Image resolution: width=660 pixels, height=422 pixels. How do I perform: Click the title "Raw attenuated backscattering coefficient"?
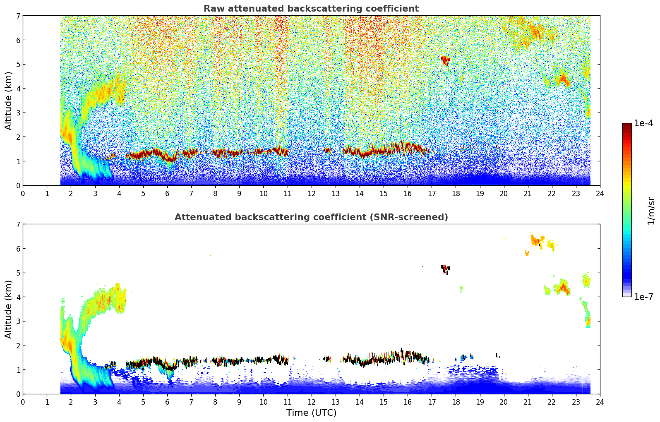[x=311, y=9]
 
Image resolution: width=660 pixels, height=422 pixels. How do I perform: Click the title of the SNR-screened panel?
[x=311, y=217]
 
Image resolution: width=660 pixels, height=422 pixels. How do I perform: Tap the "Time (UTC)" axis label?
[x=311, y=412]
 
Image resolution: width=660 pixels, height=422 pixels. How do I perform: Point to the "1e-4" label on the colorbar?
[x=643, y=123]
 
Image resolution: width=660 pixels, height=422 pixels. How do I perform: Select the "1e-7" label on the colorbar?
[x=643, y=297]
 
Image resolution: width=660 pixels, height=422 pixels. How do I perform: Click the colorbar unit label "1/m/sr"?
[x=651, y=210]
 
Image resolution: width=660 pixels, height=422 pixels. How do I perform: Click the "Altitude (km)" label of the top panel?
[x=9, y=101]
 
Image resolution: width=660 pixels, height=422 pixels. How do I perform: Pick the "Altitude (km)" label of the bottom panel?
[x=9, y=309]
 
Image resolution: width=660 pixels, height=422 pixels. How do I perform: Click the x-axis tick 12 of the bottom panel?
[x=311, y=402]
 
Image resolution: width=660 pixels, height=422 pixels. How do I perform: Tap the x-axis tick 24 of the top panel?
[x=600, y=193]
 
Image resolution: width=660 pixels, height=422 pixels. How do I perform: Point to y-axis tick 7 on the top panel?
[x=18, y=16]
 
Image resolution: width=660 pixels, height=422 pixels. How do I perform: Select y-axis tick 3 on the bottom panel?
[x=18, y=321]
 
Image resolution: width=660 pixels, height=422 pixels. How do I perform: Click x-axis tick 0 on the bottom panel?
[x=23, y=402]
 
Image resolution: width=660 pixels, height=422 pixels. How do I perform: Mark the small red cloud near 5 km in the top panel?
[x=445, y=60]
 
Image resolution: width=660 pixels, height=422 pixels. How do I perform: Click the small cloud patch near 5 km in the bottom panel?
[x=445, y=269]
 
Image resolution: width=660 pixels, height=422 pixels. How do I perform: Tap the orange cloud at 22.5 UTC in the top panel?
[x=563, y=79]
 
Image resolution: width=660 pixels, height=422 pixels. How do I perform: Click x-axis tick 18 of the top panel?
[x=456, y=193]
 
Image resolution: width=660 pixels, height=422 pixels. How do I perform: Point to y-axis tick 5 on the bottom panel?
[x=18, y=273]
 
